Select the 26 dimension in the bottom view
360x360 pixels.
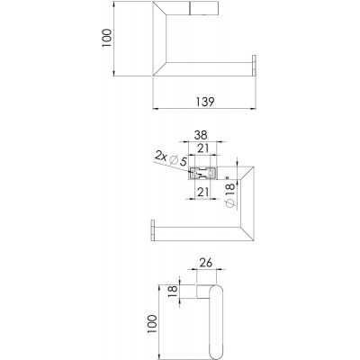(205, 264)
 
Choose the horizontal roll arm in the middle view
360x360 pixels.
(189, 229)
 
